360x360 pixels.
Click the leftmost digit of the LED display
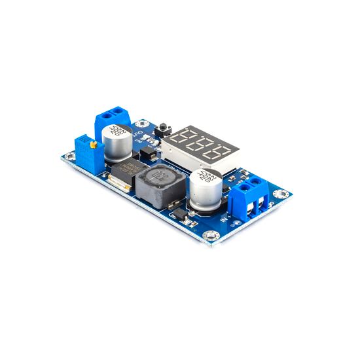[183, 138]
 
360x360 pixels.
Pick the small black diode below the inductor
[176, 206]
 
